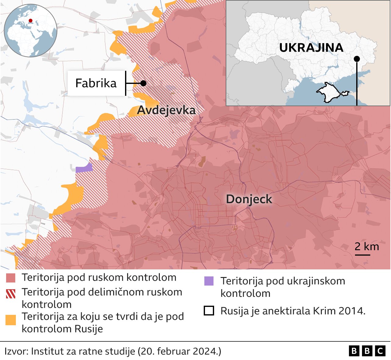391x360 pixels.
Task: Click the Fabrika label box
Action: (96, 83)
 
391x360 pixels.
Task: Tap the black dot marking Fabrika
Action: (143, 83)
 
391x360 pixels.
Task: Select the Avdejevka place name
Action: (166, 110)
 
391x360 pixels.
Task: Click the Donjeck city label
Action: (249, 199)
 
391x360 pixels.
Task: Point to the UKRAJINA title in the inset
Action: (311, 48)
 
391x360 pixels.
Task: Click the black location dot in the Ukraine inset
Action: (357, 59)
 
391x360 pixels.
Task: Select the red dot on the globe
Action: (30, 21)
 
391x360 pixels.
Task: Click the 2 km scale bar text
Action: (367, 247)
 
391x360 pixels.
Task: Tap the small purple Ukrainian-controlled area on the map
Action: (84, 168)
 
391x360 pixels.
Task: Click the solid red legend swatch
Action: (11, 278)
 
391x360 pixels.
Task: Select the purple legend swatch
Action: (209, 281)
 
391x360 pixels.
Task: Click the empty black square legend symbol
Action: (209, 311)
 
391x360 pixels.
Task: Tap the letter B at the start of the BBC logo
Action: (354, 351)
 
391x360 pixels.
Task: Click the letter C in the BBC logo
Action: (380, 351)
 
